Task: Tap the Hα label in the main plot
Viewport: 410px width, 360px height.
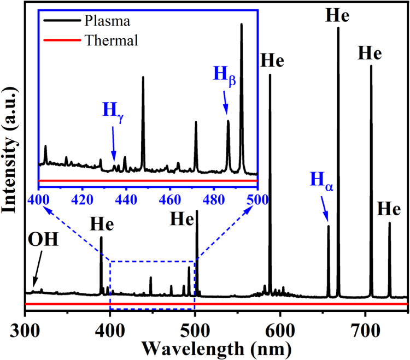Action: pyautogui.click(x=321, y=180)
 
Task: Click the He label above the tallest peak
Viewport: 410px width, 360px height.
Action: pyautogui.click(x=338, y=15)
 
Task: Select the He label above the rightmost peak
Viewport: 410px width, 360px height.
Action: pyautogui.click(x=389, y=210)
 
